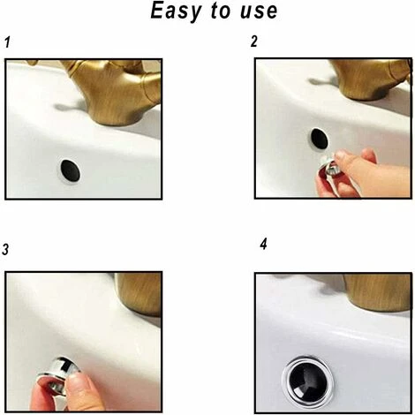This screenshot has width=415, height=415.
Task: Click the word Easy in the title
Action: point(177,12)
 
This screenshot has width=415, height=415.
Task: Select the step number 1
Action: point(8,42)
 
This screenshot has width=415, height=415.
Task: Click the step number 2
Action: point(254,42)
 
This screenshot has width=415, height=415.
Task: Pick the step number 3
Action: point(6,251)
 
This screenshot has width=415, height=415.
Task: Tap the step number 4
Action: point(263,244)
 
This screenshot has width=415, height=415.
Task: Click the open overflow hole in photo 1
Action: point(69,170)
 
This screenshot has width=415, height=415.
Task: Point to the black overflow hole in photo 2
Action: point(319,140)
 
